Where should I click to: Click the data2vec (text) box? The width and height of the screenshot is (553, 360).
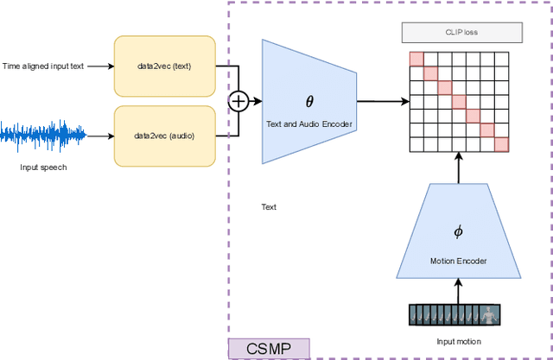click(x=164, y=66)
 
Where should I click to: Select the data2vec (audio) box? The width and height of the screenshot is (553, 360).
click(x=164, y=136)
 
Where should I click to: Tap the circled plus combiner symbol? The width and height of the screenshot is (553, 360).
click(x=238, y=101)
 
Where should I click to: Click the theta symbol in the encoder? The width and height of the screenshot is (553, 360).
click(x=309, y=101)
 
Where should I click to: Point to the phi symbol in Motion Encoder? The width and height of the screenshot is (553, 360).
click(x=458, y=231)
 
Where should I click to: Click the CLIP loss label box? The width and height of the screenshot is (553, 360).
click(x=461, y=33)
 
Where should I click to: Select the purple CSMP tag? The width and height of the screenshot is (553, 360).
click(x=268, y=349)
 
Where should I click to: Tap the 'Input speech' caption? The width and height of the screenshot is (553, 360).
click(x=43, y=167)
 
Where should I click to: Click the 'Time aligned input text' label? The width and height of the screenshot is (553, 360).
click(x=43, y=66)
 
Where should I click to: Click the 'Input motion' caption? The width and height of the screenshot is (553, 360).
click(x=458, y=341)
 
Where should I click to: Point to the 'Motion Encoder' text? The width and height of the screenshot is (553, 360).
click(x=458, y=261)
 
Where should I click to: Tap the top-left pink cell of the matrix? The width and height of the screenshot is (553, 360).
click(x=416, y=58)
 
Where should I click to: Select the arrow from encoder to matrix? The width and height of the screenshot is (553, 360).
click(x=382, y=101)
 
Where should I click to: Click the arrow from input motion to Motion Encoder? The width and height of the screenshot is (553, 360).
click(x=458, y=291)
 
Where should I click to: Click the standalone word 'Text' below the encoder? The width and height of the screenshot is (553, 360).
click(x=269, y=207)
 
